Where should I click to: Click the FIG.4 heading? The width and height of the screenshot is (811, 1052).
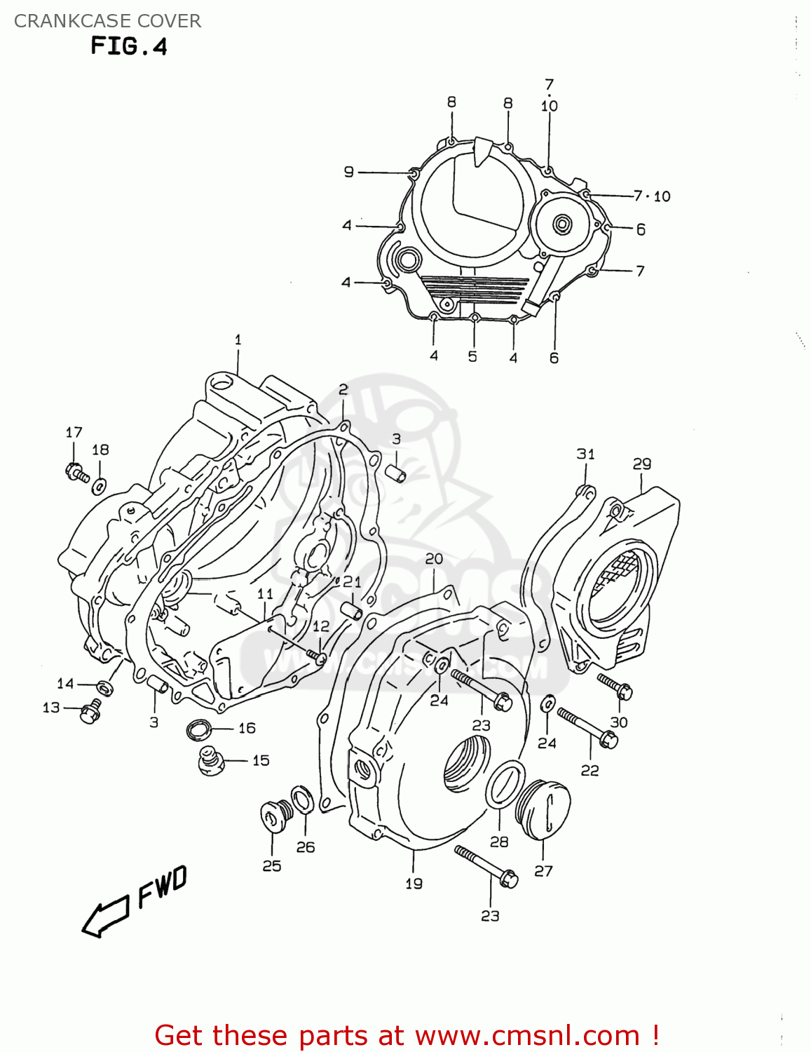[x=129, y=46]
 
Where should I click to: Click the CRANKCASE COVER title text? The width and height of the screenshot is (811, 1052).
[x=107, y=21]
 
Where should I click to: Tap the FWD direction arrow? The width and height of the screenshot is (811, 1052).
[x=105, y=915]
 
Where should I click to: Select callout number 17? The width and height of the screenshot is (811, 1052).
[x=74, y=433]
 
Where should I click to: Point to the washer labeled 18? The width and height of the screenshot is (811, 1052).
[x=100, y=484]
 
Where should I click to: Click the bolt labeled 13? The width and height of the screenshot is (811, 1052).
[x=90, y=712]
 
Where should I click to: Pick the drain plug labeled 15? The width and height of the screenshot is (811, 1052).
[x=210, y=761]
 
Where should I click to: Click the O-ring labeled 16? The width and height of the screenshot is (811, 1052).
[x=200, y=730]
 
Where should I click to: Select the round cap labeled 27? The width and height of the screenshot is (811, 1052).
[x=544, y=811]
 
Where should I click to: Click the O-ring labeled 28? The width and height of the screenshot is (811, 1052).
[x=505, y=785]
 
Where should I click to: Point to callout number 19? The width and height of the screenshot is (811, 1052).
[x=414, y=884]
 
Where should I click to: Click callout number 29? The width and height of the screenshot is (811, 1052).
[x=641, y=464]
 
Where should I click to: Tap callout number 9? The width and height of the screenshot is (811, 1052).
[x=349, y=172]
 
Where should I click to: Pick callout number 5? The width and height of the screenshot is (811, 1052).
[x=472, y=357]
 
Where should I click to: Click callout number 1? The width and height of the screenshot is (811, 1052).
[x=238, y=339]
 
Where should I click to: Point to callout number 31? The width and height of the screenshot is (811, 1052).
[x=585, y=454]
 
